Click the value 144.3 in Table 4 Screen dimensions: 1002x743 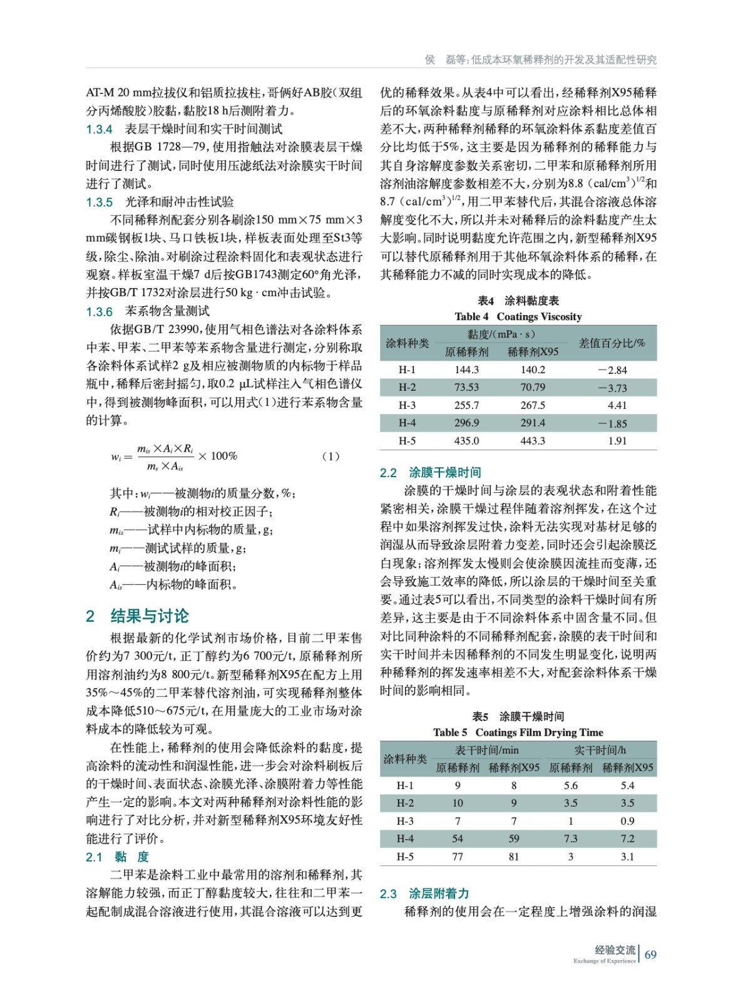click(x=466, y=370)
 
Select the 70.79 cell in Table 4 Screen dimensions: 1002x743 click(x=533, y=388)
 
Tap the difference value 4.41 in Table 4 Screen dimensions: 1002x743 click(x=617, y=405)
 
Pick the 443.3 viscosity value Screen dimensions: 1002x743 click(x=533, y=441)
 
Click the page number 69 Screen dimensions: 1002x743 click(x=650, y=954)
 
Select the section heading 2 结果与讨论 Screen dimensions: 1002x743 click(x=137, y=616)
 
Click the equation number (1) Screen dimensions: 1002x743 click(x=331, y=456)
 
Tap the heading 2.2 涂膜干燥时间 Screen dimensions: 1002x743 click(x=430, y=473)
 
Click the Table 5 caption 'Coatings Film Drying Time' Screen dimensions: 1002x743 click(x=539, y=732)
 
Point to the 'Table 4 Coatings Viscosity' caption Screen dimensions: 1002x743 click(x=518, y=317)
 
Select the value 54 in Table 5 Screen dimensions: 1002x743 click(x=458, y=839)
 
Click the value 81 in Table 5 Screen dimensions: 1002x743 click(x=513, y=857)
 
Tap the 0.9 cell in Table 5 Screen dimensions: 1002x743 click(x=627, y=821)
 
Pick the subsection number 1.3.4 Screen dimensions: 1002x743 click(x=99, y=130)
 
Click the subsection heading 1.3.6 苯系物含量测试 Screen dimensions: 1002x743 click(x=148, y=311)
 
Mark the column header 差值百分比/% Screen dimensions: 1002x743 click(x=612, y=343)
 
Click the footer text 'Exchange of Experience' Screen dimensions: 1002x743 click(x=604, y=961)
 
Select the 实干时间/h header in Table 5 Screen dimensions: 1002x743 click(x=600, y=750)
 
